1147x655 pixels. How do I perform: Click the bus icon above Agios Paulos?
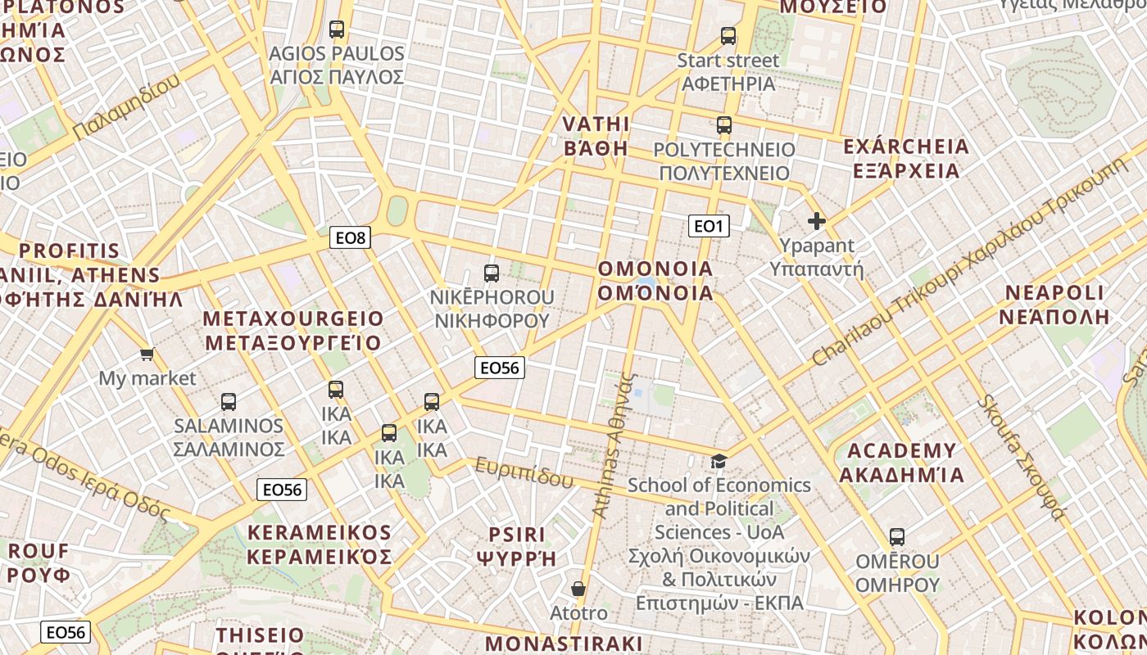(337, 29)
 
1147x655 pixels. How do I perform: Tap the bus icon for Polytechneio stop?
(724, 125)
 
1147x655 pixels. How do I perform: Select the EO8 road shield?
(351, 238)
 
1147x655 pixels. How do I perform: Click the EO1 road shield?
(709, 226)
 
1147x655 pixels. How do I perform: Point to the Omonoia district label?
(655, 281)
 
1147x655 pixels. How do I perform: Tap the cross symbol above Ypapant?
(817, 221)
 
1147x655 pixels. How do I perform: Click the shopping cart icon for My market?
(147, 355)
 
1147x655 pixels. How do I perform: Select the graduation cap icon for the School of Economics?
(719, 461)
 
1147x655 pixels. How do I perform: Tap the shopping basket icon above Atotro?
(578, 589)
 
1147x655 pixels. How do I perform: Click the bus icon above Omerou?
(897, 538)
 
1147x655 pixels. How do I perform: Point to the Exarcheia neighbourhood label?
(906, 159)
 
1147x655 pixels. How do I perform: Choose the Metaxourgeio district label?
(292, 331)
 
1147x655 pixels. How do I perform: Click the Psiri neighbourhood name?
(517, 546)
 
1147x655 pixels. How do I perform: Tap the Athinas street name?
(614, 446)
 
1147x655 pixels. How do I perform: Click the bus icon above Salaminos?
(229, 402)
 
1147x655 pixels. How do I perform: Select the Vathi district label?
(596, 136)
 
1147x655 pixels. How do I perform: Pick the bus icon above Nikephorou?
(492, 273)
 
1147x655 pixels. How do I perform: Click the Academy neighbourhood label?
(902, 463)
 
